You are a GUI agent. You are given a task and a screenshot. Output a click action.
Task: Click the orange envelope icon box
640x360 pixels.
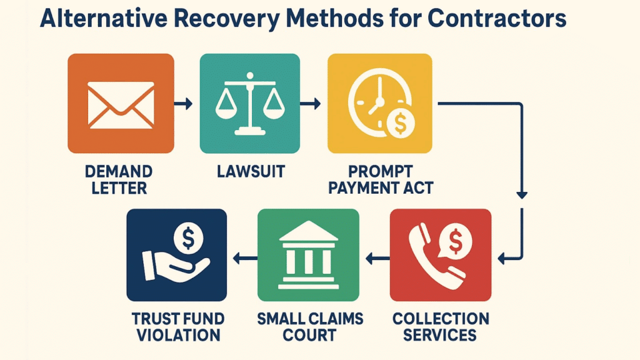pyautogui.click(x=121, y=104)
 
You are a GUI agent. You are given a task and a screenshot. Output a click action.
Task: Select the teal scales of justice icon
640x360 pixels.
pyautogui.click(x=250, y=104)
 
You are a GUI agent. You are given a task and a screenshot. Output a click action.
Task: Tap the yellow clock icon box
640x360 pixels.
pyautogui.click(x=379, y=104)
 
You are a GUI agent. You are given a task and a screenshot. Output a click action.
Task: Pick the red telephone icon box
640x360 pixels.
pyautogui.click(x=441, y=255)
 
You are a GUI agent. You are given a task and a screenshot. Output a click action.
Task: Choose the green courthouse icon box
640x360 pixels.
pyautogui.click(x=309, y=255)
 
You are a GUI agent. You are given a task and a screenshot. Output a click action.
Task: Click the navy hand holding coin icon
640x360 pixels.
pyautogui.click(x=177, y=255)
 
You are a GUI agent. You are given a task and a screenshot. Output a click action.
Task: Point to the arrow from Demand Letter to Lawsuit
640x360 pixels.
pyautogui.click(x=183, y=104)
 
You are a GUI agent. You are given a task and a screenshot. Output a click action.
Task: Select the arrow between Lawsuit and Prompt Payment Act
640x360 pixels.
pyautogui.click(x=310, y=104)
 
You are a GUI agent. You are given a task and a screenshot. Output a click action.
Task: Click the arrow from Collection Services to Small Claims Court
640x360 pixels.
pyautogui.click(x=377, y=258)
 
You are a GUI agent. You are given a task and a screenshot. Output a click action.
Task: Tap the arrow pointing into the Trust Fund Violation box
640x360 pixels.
pyautogui.click(x=245, y=258)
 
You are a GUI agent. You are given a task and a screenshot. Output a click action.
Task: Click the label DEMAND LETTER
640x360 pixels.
pyautogui.click(x=119, y=180)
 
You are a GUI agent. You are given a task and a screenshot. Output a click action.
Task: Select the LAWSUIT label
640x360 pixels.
pyautogui.click(x=251, y=172)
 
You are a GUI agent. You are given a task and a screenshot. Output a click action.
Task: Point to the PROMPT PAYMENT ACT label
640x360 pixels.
pyautogui.click(x=381, y=180)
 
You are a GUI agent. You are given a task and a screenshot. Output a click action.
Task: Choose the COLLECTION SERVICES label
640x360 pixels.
pyautogui.click(x=441, y=327)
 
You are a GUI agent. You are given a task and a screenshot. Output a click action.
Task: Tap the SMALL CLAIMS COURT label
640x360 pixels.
pyautogui.click(x=310, y=327)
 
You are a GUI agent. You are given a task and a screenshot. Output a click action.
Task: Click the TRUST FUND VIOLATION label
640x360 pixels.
pyautogui.click(x=178, y=327)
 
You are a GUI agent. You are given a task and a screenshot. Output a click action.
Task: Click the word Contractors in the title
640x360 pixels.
pyautogui.click(x=497, y=18)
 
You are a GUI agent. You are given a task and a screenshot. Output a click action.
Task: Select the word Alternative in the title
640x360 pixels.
pyautogui.click(x=104, y=18)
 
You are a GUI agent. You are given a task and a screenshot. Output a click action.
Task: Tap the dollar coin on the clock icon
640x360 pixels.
pyautogui.click(x=401, y=123)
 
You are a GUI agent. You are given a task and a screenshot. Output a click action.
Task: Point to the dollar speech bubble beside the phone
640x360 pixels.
pyautogui.click(x=455, y=242)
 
